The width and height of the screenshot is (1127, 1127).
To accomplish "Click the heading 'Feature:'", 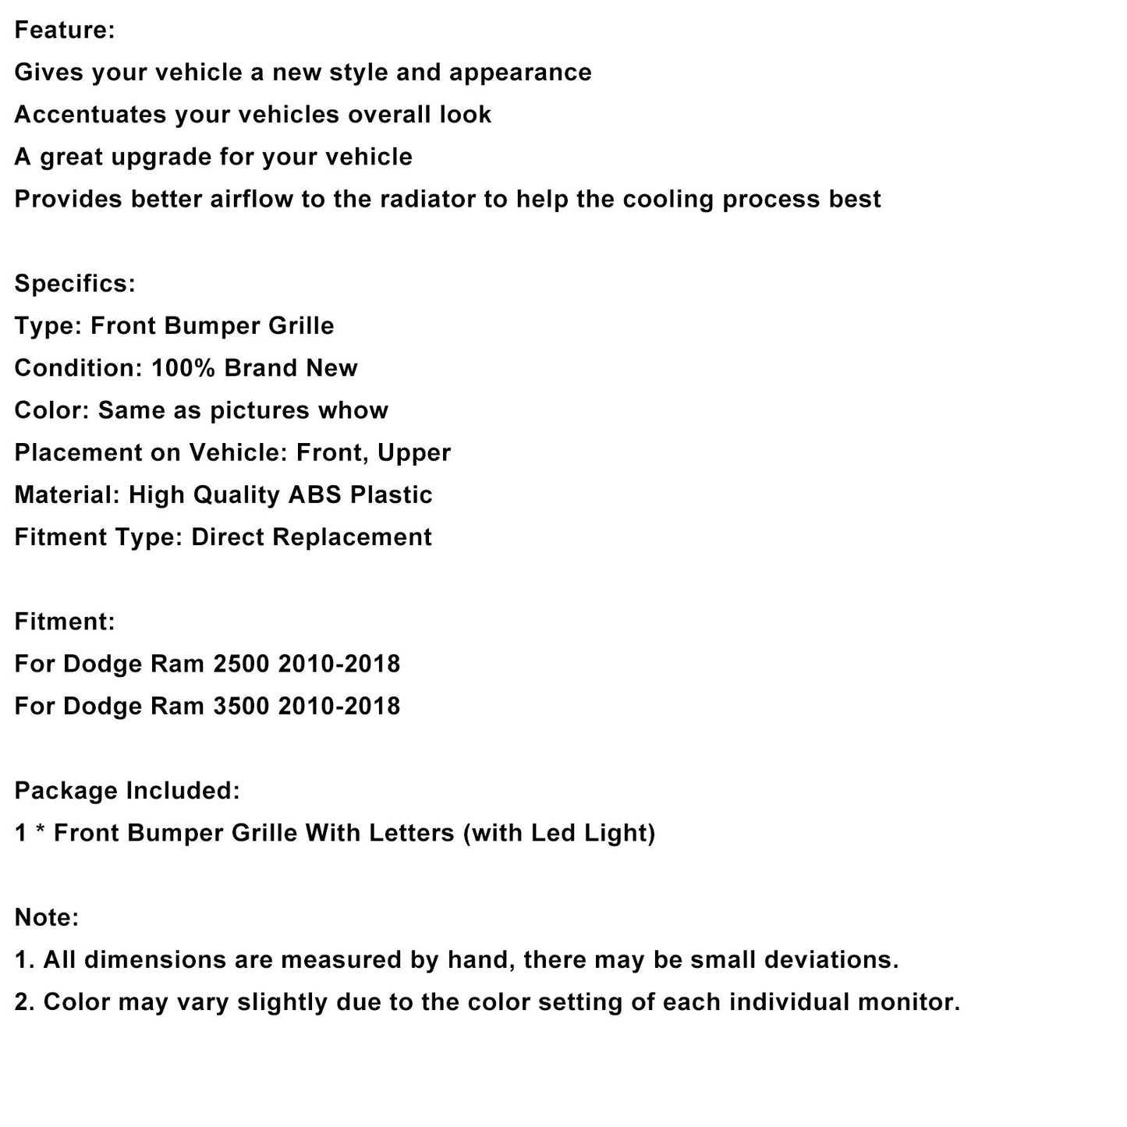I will (x=65, y=30).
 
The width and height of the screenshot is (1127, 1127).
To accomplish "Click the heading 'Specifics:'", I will (x=75, y=283).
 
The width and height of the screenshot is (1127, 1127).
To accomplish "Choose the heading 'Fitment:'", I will (x=65, y=622).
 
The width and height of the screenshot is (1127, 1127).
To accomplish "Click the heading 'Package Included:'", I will (x=127, y=791).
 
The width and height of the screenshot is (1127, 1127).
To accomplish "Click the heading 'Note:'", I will (x=47, y=917).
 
